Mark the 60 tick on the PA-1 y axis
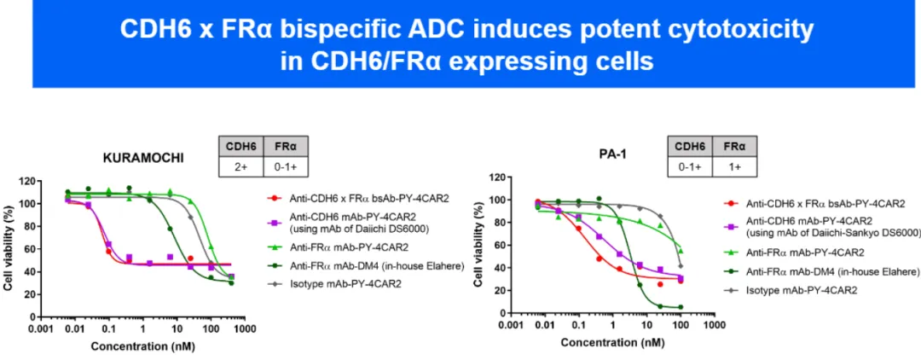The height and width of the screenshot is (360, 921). click(x=494, y=246)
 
